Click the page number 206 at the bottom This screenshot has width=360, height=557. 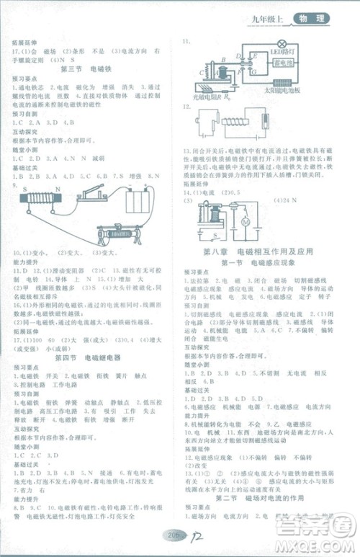click(x=171, y=535)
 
